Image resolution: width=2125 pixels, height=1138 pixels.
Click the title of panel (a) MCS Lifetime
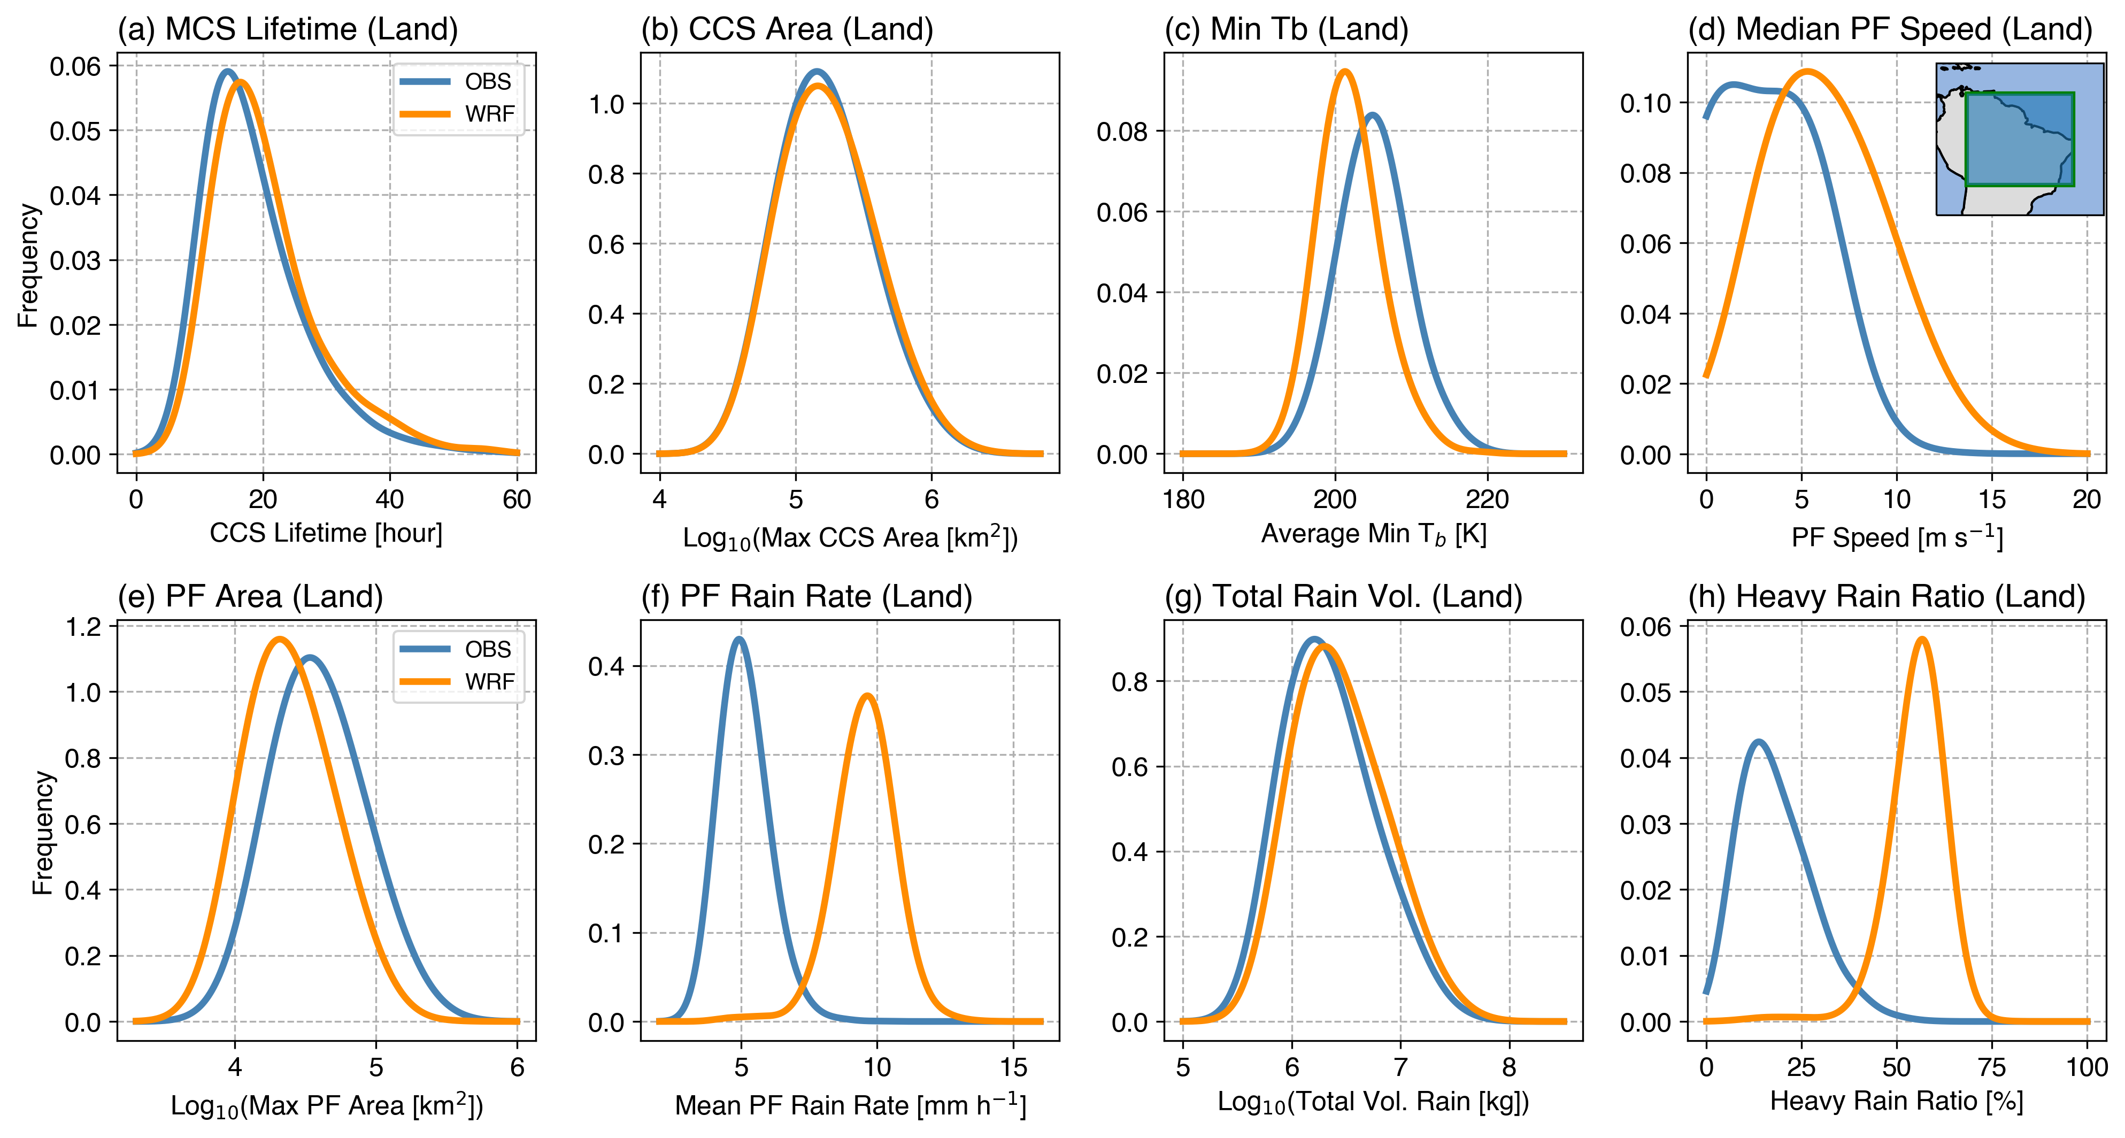coord(287,30)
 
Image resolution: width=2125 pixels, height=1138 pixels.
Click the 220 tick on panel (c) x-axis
coord(1487,499)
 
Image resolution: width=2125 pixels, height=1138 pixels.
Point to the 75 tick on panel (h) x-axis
coord(1991,1067)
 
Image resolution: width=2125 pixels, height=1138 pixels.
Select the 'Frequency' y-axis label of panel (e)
coord(42,833)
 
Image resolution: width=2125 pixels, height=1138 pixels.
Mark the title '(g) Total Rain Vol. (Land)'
coord(1343,597)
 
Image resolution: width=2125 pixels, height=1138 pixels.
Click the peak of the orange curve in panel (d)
coord(1807,72)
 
